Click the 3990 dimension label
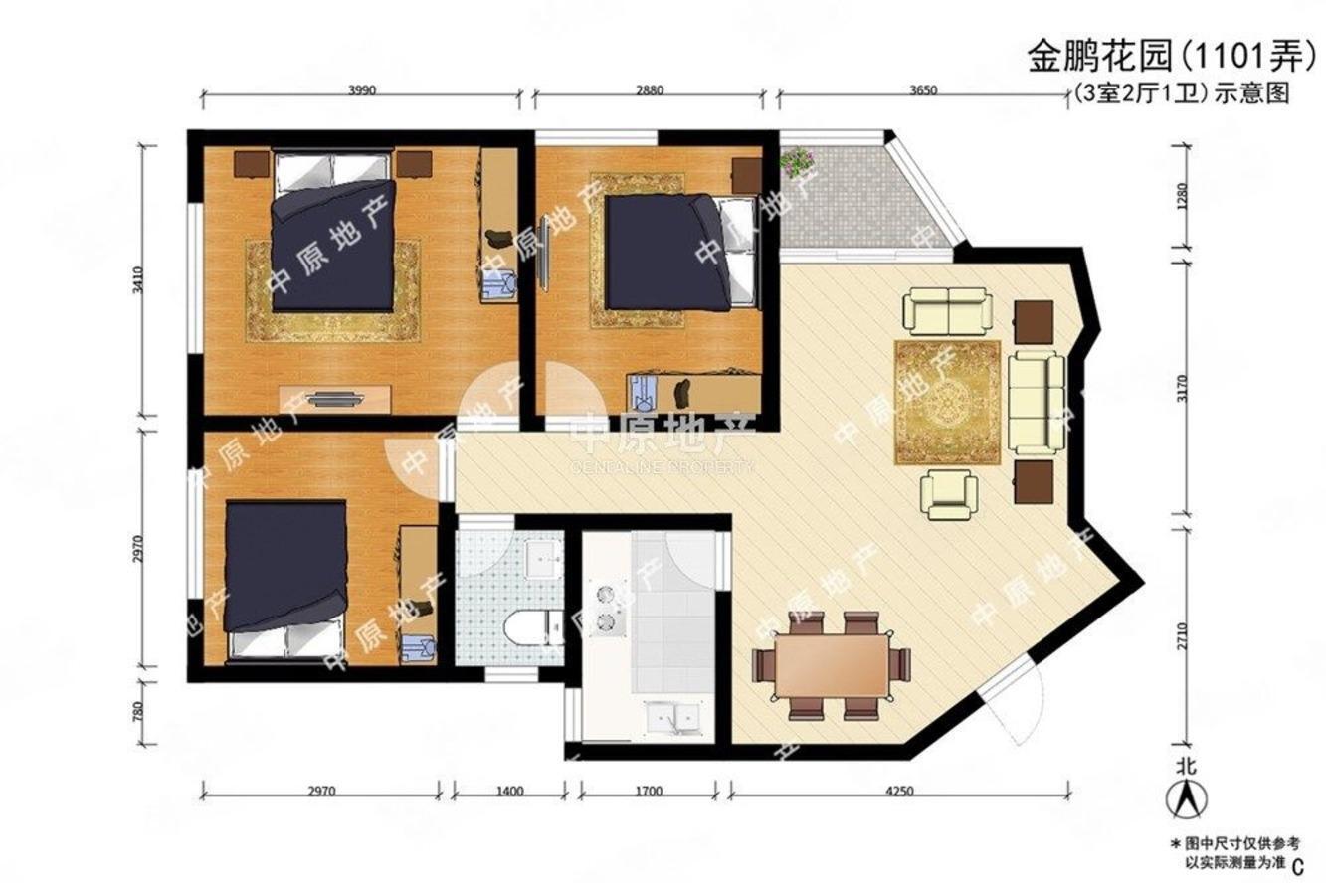[362, 89]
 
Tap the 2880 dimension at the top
[649, 89]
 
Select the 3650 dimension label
[923, 89]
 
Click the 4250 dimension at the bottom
[899, 793]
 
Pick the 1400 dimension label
[508, 793]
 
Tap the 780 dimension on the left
[138, 712]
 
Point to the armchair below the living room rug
[949, 494]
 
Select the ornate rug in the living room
[947, 402]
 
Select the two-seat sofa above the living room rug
[947, 311]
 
